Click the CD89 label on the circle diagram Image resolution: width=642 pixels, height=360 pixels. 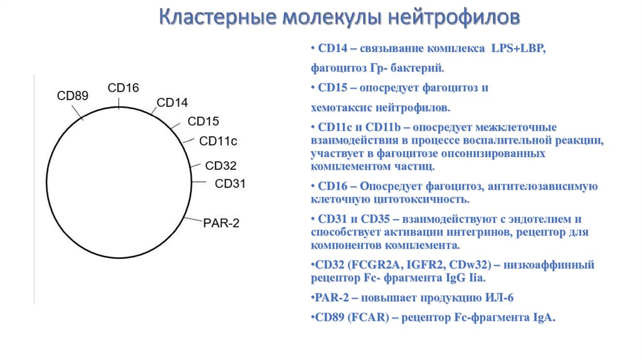(x=72, y=96)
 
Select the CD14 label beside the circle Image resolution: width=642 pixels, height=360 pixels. (x=172, y=102)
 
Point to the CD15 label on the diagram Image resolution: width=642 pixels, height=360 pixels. (x=204, y=121)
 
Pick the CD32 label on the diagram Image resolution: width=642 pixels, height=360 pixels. (x=221, y=166)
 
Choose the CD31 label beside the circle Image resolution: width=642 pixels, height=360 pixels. (x=230, y=183)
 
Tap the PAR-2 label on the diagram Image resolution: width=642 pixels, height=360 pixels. (x=221, y=223)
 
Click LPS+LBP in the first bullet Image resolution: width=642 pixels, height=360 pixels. (x=519, y=49)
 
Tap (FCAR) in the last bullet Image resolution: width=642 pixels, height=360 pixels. (x=367, y=317)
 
